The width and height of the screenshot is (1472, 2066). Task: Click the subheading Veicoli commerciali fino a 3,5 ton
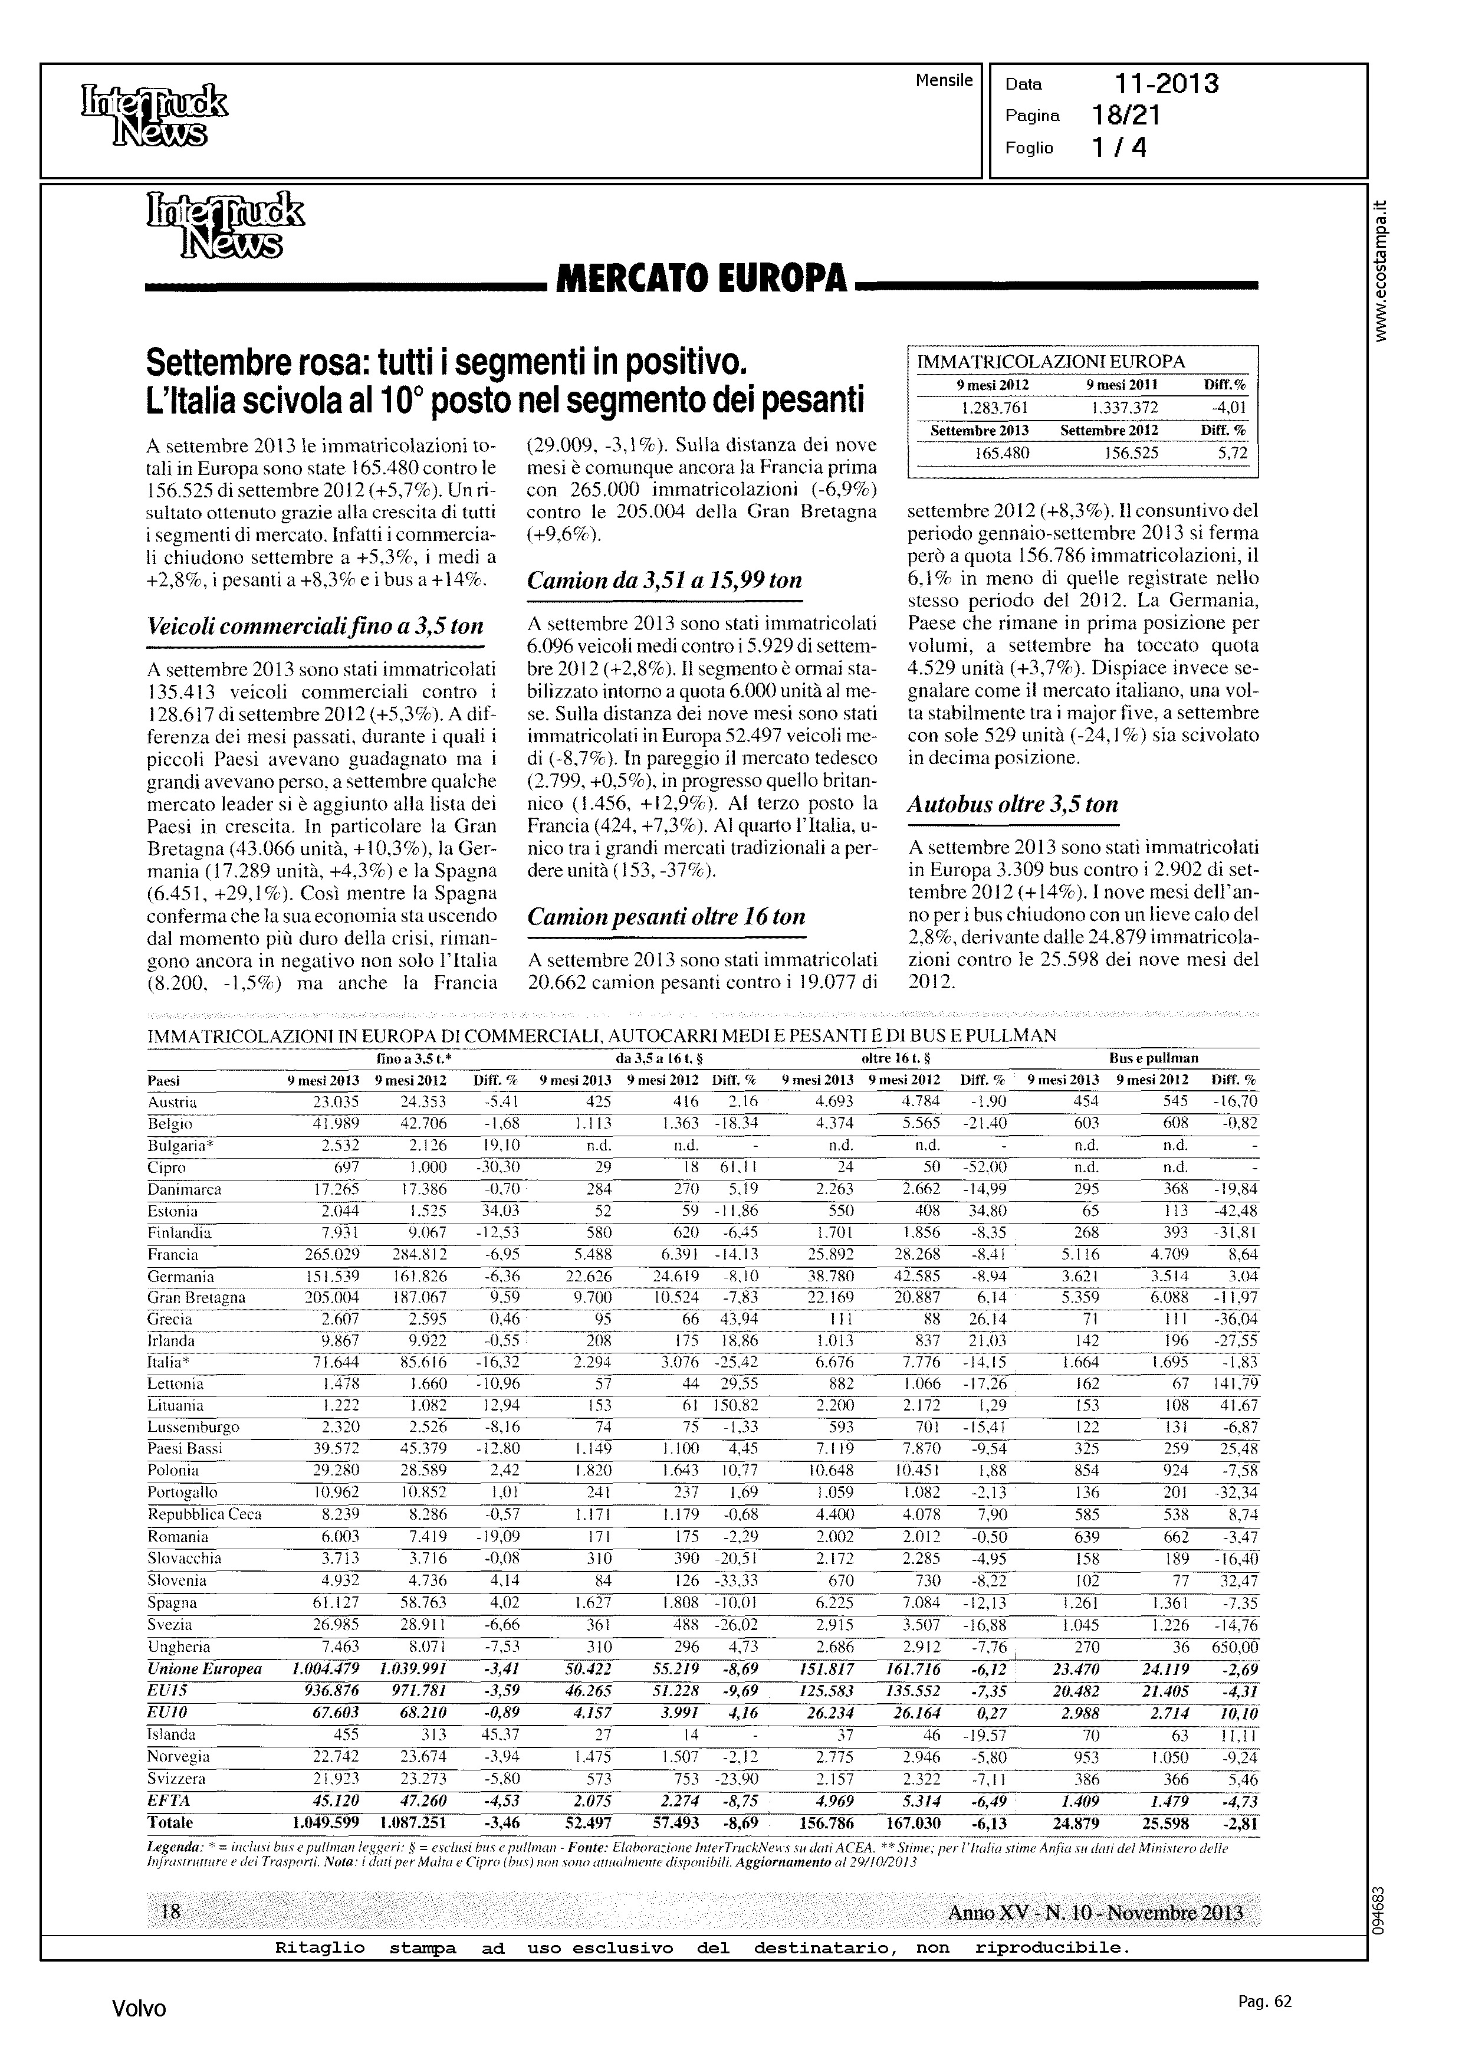pyautogui.click(x=314, y=627)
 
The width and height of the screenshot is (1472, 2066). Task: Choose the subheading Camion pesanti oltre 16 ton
pyautogui.click(x=666, y=917)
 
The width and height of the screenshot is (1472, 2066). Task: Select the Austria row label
pyautogui.click(x=172, y=1103)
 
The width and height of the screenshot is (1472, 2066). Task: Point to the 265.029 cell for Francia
pyautogui.click(x=332, y=1255)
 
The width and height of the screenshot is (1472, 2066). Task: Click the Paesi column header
pyautogui.click(x=164, y=1081)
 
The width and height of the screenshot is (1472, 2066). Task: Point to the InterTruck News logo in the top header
pyautogui.click(x=154, y=116)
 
